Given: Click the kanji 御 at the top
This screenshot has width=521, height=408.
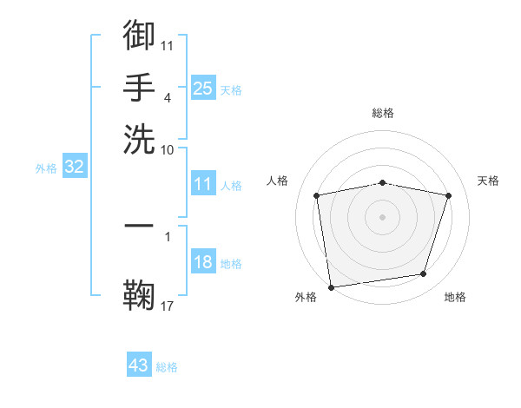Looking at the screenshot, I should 139,36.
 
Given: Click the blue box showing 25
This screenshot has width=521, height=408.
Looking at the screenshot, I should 202,88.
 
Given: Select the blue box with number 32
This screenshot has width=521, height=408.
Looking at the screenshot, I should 74,168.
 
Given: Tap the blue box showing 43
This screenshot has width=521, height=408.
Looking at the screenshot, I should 139,365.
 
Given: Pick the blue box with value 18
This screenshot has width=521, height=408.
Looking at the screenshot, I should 202,263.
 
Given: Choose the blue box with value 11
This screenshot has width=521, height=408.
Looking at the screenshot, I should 202,184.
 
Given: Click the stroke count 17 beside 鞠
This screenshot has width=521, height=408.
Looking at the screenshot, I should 168,306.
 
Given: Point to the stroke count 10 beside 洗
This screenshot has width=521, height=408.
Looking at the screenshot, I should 168,149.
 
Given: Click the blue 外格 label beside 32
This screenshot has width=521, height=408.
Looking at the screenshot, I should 46,168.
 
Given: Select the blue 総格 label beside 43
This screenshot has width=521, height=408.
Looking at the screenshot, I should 167,367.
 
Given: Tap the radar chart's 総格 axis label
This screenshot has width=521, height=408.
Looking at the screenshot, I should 383,113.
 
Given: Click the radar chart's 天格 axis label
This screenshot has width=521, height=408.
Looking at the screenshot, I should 489,181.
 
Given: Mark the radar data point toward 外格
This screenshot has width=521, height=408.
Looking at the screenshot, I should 331,286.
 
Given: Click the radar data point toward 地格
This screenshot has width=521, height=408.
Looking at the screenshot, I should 424,274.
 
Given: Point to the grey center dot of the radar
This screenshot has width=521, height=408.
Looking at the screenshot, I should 383,216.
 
